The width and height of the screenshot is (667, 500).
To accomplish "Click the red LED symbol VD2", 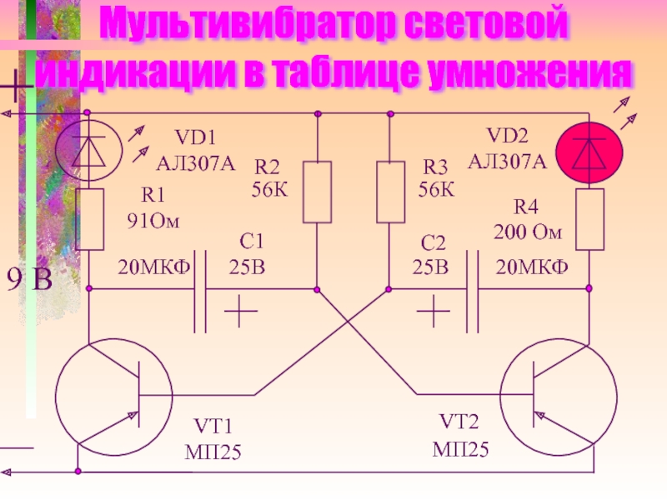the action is [589, 152].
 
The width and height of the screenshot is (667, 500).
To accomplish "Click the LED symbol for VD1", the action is [89, 150].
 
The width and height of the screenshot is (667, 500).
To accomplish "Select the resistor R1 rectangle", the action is [90, 219].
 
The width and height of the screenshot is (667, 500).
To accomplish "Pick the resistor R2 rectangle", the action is [317, 192].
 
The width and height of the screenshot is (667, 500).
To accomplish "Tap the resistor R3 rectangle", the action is [390, 192].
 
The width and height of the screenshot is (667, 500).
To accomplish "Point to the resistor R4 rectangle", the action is [589, 219].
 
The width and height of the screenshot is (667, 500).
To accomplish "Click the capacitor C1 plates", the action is [200, 291].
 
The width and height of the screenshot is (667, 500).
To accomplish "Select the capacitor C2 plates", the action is [472, 291].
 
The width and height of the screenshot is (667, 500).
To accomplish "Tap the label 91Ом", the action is [153, 221].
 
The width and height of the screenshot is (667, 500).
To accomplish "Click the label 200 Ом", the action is [528, 232].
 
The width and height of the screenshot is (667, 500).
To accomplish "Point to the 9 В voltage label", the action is [29, 279].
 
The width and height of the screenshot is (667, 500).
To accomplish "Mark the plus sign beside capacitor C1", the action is [241, 312].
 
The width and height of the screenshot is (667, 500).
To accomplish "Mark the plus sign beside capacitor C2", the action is [434, 312].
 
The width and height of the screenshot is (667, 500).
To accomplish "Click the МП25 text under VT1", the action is [213, 452].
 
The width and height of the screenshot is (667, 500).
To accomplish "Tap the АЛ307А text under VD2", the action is [507, 162].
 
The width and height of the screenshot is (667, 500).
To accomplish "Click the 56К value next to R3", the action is [436, 189].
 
